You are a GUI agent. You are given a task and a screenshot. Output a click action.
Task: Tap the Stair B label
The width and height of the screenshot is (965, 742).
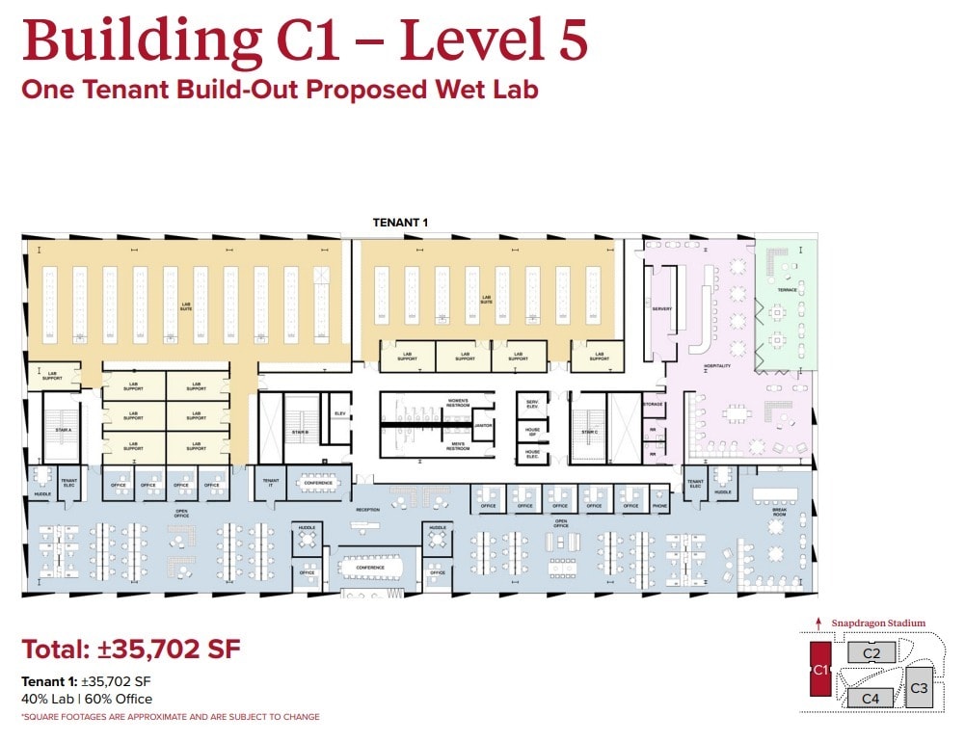[300, 433]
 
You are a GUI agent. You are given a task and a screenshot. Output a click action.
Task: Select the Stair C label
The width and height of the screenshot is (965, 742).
[590, 433]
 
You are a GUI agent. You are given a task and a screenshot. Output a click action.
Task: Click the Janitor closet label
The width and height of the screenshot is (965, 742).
[485, 424]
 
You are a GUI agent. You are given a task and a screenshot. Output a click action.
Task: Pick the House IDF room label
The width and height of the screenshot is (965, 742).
[532, 432]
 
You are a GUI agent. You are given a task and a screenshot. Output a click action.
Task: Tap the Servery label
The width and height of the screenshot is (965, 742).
[661, 309]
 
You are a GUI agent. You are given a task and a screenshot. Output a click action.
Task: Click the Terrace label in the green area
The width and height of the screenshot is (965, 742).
[788, 288]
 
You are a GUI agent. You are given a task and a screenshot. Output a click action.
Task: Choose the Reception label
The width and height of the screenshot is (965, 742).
[367, 509]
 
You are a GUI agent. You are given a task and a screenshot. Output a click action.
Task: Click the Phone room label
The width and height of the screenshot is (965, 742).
[659, 506]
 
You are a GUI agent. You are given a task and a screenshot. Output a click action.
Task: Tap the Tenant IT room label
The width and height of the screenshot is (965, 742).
[271, 482]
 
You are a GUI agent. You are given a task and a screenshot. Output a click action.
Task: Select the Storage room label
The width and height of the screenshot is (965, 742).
[654, 404]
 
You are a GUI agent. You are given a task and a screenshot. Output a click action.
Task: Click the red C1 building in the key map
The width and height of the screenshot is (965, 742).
[820, 669]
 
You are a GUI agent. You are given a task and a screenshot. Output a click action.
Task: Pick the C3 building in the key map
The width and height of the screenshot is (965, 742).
[919, 688]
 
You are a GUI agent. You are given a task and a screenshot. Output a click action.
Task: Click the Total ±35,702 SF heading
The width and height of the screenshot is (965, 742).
[131, 649]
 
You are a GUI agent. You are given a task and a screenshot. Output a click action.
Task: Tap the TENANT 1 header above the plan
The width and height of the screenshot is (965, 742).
[400, 223]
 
